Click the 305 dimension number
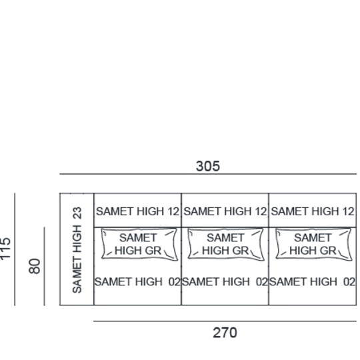(x=208, y=166)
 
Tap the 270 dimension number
(x=225, y=333)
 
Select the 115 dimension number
(x=5, y=249)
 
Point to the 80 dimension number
(x=35, y=266)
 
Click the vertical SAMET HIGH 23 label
(x=77, y=250)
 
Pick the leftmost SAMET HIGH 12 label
(x=137, y=211)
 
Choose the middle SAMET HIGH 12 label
(x=225, y=211)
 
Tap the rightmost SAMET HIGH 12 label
(x=313, y=211)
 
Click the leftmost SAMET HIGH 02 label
(x=137, y=282)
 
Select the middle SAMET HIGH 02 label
(x=225, y=282)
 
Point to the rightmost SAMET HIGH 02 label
(x=312, y=282)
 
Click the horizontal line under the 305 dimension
(x=208, y=174)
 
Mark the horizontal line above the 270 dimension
(x=225, y=321)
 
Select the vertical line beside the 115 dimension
(x=15, y=249)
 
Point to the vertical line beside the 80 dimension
(x=45, y=266)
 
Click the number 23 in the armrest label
(x=77, y=213)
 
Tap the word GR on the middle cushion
(x=241, y=251)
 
